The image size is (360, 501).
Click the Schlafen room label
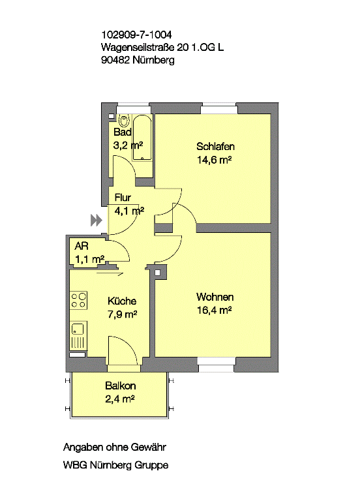[x=215, y=146]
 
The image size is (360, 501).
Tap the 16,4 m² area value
[x=214, y=310]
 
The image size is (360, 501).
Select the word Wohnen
[x=215, y=297]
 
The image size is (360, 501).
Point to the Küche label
[x=122, y=301]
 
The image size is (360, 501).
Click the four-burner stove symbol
[x=78, y=300]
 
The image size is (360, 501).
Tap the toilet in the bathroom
[x=124, y=120]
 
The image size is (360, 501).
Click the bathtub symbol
[x=142, y=138]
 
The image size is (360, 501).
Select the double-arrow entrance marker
[x=96, y=220]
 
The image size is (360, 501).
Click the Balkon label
[x=121, y=386]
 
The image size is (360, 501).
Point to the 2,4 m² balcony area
[x=120, y=399]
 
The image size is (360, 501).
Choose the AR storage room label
[x=81, y=246]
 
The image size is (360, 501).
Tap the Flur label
[x=123, y=198]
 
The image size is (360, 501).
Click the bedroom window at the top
[x=219, y=108]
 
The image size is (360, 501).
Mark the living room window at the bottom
[x=217, y=365]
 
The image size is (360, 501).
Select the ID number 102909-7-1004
[x=136, y=35]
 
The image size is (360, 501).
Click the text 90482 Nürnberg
[x=138, y=60]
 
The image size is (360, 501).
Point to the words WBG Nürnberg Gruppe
[x=115, y=464]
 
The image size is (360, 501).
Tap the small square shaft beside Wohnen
[x=157, y=273]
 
